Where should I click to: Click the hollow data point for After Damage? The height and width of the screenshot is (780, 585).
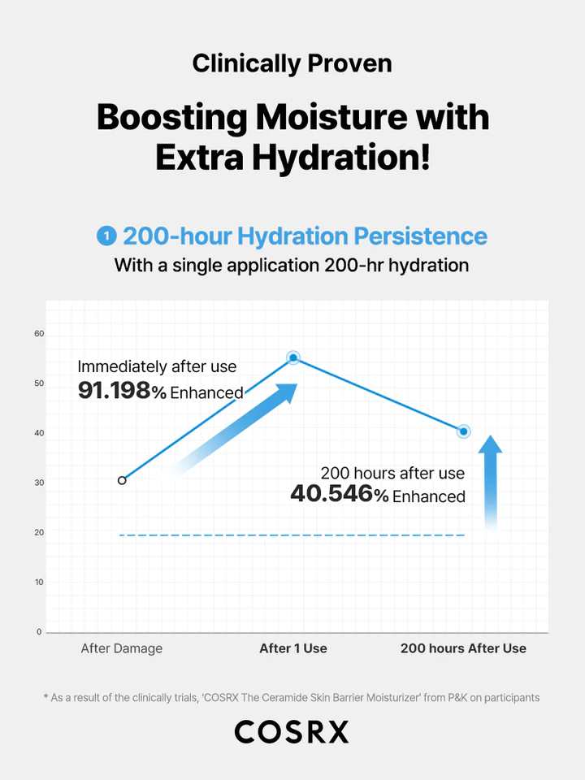pos(122,480)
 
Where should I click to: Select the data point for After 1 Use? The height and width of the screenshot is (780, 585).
pos(293,357)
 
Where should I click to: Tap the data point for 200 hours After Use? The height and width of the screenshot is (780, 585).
pos(464,431)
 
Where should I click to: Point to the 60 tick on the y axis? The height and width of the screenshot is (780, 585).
pos(39,334)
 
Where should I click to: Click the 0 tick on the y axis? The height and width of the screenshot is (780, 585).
pos(39,632)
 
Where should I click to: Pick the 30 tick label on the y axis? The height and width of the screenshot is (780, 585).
pos(39,483)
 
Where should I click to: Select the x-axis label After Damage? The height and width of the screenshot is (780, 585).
pos(122,648)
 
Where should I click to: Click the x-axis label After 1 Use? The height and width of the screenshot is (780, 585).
pos(293,648)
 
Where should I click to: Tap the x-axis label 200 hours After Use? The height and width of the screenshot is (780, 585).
pos(463,648)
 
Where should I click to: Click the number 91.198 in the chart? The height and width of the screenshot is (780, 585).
pos(115,391)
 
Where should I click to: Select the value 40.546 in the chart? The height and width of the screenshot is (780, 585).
pos(331,494)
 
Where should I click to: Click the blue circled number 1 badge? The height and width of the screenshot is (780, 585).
pos(106,236)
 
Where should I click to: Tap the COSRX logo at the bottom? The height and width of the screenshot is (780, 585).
pos(292,732)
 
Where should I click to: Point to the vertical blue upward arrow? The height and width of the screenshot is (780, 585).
pos(491,482)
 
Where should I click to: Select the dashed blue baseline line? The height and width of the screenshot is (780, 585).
pos(292,535)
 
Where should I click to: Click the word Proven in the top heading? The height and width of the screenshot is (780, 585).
pos(349,63)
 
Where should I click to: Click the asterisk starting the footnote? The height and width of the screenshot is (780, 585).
pos(45,696)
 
